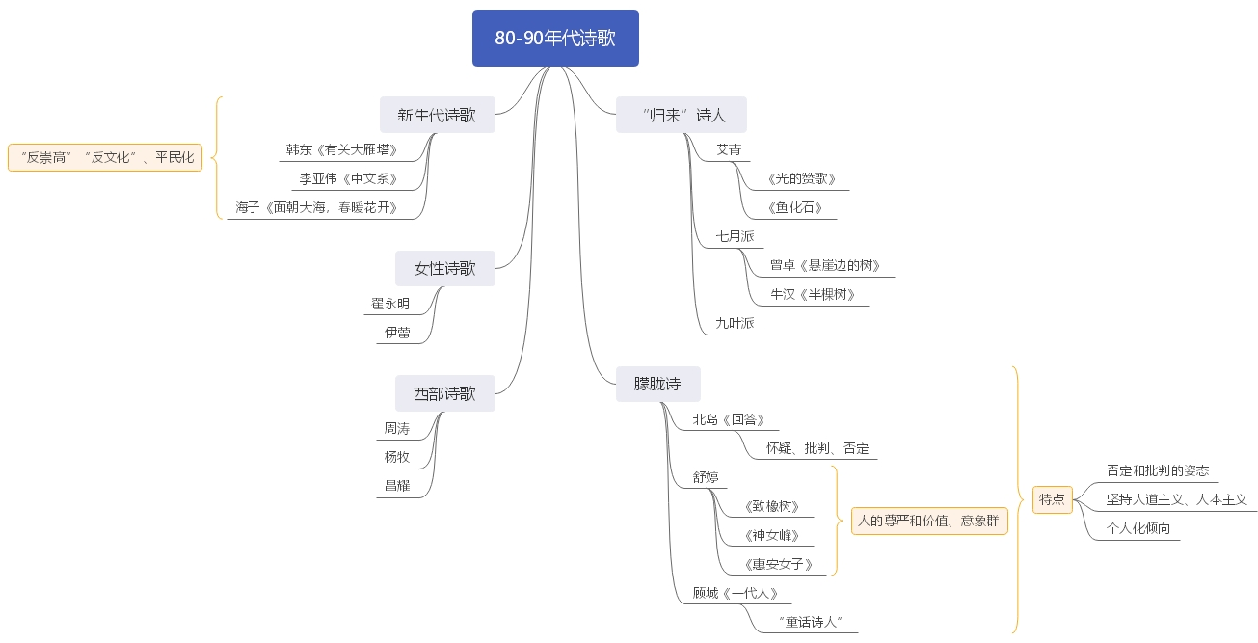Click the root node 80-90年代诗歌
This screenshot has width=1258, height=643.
(555, 38)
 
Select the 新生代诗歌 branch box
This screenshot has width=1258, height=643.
(438, 115)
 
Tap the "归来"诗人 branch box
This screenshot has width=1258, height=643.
(682, 115)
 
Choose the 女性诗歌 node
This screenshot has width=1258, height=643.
(445, 268)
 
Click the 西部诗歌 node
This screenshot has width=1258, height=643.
(445, 393)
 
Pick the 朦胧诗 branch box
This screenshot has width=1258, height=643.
(658, 384)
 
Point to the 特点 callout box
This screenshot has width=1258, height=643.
(1053, 499)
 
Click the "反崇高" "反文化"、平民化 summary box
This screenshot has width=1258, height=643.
(105, 157)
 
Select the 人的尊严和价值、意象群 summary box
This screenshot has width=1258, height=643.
(929, 521)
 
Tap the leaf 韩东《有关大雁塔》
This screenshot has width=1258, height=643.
(342, 150)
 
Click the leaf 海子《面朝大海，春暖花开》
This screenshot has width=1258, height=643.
(317, 208)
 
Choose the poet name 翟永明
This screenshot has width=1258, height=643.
(390, 304)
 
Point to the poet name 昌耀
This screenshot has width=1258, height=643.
(397, 485)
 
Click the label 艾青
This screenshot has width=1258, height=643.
(729, 150)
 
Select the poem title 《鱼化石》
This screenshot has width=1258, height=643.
(794, 208)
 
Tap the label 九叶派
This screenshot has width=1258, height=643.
(736, 323)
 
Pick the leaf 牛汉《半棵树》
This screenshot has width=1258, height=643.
(814, 294)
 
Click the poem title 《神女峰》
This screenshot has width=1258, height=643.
(771, 535)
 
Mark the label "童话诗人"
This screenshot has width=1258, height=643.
(811, 622)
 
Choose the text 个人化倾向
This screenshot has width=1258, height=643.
(1138, 528)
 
